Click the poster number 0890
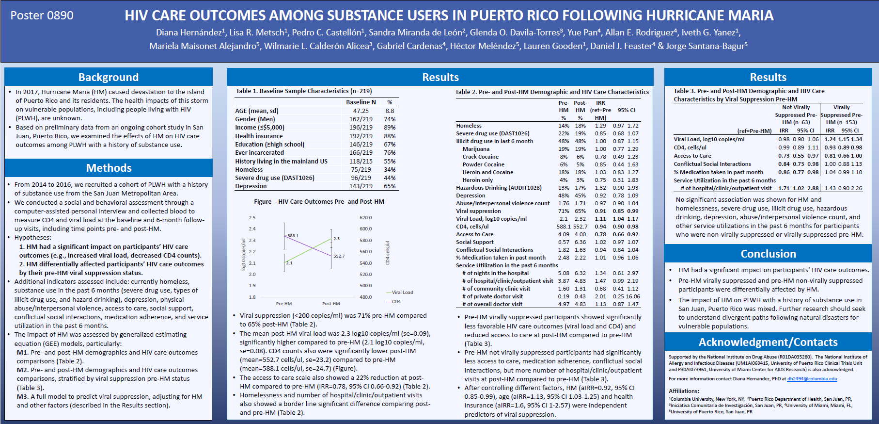click(x=42, y=16)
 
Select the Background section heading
click(x=108, y=77)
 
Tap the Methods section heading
click(x=109, y=168)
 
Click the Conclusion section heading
click(x=768, y=254)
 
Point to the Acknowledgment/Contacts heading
click(x=768, y=342)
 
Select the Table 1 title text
click(x=304, y=91)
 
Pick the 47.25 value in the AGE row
click(x=361, y=111)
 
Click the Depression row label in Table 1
click(x=251, y=186)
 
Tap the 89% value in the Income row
click(x=390, y=128)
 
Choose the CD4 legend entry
click(x=396, y=302)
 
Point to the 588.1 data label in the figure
click(x=293, y=236)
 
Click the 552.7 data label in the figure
click(x=339, y=256)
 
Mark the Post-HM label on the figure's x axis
click(x=331, y=304)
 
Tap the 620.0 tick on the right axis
click(x=366, y=218)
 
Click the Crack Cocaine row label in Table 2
click(x=480, y=157)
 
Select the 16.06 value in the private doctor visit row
click(x=632, y=296)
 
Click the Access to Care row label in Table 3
click(x=692, y=156)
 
